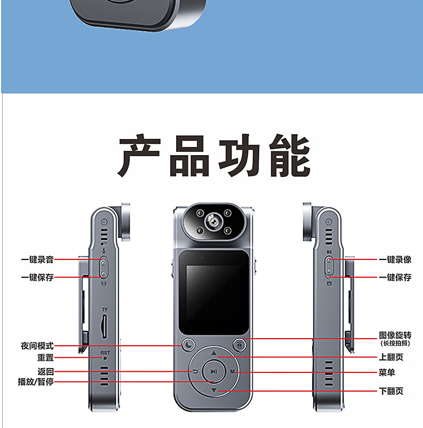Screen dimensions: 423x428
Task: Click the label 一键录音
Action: click(x=37, y=260)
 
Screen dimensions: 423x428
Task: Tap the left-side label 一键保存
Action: click(x=37, y=278)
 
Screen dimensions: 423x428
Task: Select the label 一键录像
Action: click(x=395, y=260)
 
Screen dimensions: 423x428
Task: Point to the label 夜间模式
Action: click(x=37, y=346)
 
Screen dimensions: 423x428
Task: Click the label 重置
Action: click(x=45, y=358)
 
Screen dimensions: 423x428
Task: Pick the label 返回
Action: click(x=46, y=372)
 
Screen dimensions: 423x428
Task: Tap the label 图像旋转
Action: click(x=395, y=335)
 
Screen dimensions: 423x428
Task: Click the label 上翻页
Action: click(x=391, y=358)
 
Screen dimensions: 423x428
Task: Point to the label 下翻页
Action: click(x=391, y=391)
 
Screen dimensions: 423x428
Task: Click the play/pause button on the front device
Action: click(x=214, y=371)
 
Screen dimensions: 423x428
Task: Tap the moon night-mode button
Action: click(x=189, y=345)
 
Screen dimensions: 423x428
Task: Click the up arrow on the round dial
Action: click(x=214, y=354)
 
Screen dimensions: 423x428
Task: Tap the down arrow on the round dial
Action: click(x=214, y=391)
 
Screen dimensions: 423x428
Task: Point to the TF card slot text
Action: click(x=105, y=310)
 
